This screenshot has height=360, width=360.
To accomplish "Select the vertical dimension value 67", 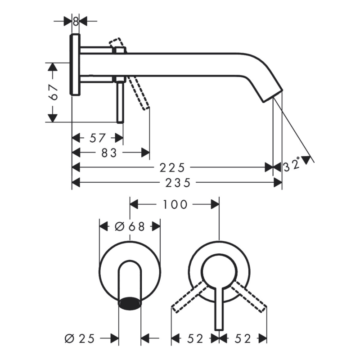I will (x=54, y=92).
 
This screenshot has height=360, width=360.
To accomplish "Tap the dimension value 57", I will (x=98, y=137).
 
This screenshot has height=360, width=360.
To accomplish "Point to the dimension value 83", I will (x=109, y=153).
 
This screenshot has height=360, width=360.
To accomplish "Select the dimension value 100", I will (x=175, y=204).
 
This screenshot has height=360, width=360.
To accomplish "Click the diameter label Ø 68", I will (x=130, y=226).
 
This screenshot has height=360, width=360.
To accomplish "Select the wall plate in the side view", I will (x=76, y=64).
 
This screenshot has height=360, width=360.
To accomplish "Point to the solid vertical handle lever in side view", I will (x=120, y=101).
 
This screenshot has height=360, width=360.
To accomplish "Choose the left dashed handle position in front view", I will (x=189, y=297).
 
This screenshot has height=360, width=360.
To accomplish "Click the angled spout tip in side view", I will (x=270, y=92).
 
